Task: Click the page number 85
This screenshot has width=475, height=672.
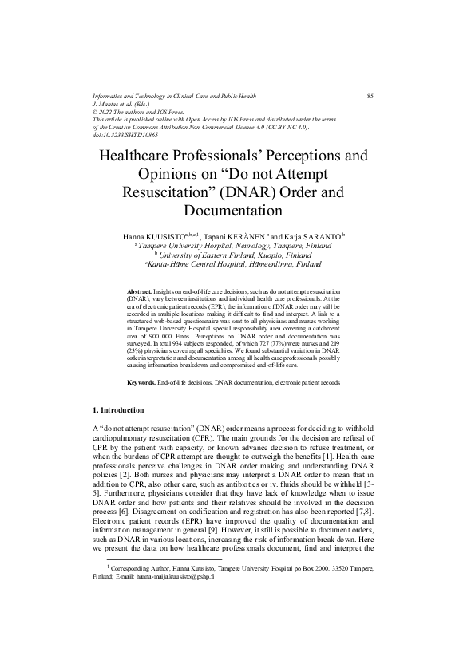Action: tap(370, 96)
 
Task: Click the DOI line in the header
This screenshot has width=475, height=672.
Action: tap(125, 136)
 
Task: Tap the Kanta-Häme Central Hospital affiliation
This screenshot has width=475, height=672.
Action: tap(238, 264)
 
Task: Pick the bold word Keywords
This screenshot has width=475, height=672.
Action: tap(141, 383)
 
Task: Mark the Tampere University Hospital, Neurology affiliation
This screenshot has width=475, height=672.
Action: tap(236, 247)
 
